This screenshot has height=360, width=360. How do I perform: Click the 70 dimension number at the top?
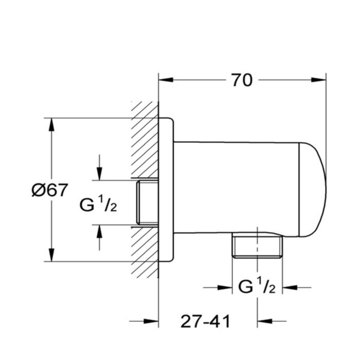[x=242, y=80]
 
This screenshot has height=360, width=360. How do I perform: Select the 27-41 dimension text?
[x=205, y=321]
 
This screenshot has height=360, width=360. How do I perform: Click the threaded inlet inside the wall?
[x=147, y=203]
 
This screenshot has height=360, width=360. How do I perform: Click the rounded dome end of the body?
[x=314, y=190]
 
